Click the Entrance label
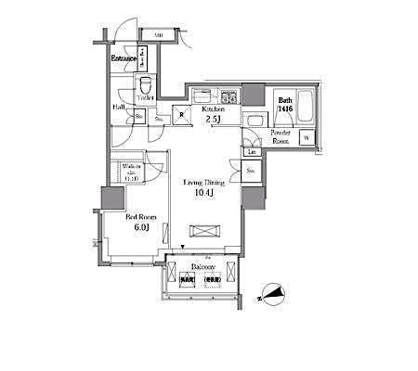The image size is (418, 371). pos(124,60)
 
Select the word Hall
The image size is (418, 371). pos(121,108)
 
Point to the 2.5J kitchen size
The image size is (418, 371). pos(215,120)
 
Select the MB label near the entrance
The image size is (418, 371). pos(159,35)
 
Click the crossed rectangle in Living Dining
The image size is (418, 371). pos(206,231)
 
